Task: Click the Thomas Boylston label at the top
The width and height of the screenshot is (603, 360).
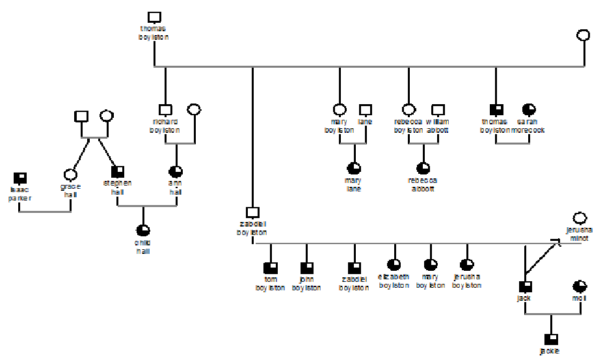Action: [x=154, y=33]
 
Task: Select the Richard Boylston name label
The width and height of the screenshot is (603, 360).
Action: [x=165, y=126]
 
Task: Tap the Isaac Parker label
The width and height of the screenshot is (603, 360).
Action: [x=20, y=193]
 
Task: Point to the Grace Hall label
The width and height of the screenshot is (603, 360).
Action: [x=70, y=190]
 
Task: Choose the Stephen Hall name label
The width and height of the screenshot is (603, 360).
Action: [x=118, y=187]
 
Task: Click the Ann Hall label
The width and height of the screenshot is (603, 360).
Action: [x=176, y=187]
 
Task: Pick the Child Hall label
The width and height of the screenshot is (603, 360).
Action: [x=143, y=247]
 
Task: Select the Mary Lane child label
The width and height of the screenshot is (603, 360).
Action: [x=354, y=184]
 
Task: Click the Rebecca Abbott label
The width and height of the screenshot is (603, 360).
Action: [x=423, y=184]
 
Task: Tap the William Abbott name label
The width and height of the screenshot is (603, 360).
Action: [x=438, y=126]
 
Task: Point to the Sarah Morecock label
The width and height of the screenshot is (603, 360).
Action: [x=528, y=126]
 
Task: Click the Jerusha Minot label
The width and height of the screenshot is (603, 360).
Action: [x=578, y=234]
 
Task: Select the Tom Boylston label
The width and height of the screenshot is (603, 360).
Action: [x=271, y=283]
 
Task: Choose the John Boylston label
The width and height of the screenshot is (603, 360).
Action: [x=307, y=283]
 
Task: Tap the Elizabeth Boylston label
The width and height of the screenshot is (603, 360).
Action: [x=394, y=281]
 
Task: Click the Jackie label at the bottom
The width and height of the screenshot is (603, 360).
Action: [x=550, y=351]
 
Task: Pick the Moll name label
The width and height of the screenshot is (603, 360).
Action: [x=579, y=298]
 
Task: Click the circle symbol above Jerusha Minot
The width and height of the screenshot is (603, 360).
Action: [x=580, y=218]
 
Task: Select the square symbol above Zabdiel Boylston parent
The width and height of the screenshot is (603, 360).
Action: [x=252, y=212]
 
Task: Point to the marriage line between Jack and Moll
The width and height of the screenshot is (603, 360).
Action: [x=552, y=314]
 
